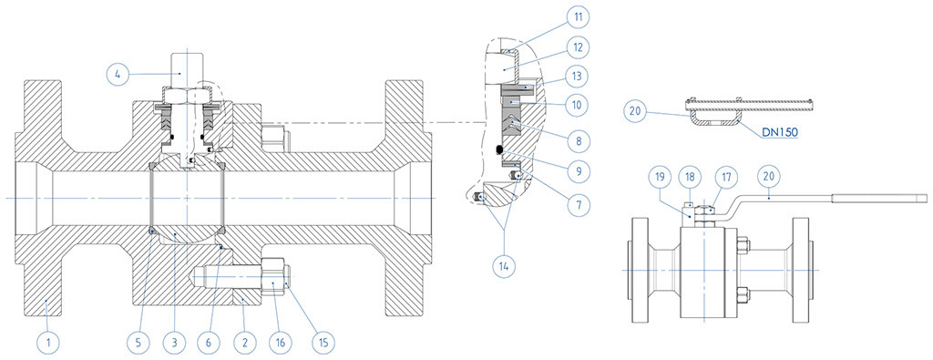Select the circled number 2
[245, 343]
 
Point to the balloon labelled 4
[118, 75]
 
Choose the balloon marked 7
[578, 203]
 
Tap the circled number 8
[578, 141]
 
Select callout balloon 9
[578, 172]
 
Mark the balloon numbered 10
[578, 108]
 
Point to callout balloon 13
[578, 77]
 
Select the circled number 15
[323, 343]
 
